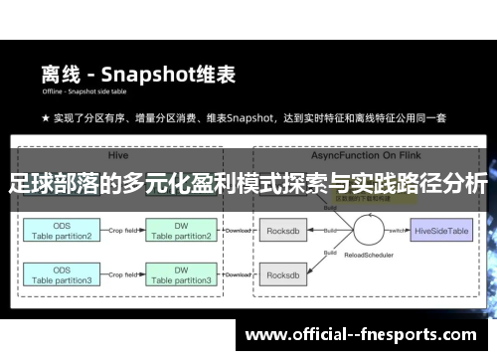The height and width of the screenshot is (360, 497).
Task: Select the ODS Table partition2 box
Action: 61,232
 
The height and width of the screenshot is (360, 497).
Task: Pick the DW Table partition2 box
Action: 181,232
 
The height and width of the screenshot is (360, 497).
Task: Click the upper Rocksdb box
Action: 286,231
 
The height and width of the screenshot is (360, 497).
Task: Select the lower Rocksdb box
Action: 286,275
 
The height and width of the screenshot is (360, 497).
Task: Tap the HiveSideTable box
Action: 441,231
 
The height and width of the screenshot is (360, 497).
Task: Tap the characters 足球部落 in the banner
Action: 52,184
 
